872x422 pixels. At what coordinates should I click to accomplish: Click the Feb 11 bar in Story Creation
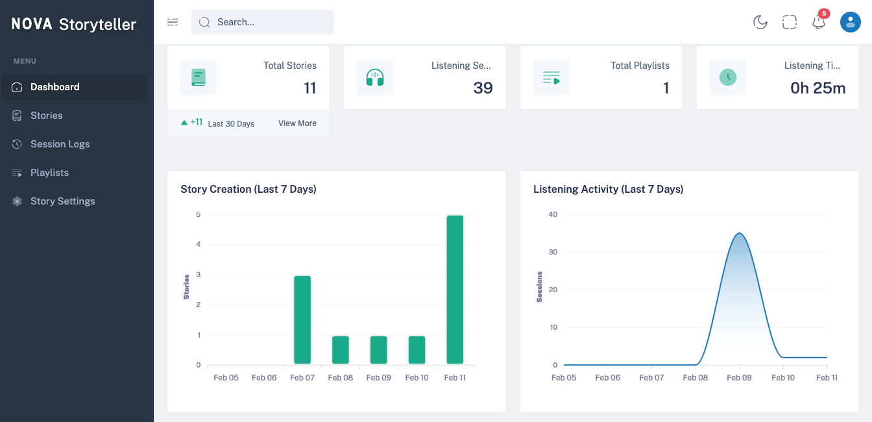pos(455,290)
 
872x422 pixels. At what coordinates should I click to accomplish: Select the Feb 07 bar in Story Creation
pos(302,319)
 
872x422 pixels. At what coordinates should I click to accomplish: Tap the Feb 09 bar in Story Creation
pos(379,350)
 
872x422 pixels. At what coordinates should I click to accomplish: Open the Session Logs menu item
pos(60,144)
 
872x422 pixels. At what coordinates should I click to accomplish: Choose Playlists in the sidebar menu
pos(49,173)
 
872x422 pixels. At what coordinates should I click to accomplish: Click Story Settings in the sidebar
pos(62,201)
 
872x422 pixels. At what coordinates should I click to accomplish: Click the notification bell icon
pos(819,23)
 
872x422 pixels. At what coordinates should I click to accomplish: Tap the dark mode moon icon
pos(760,23)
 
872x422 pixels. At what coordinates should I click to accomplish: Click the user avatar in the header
pos(850,22)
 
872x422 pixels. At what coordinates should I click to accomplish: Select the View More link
pos(297,123)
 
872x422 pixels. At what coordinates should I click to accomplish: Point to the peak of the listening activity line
pos(739,233)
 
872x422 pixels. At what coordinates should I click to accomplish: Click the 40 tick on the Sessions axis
pos(553,214)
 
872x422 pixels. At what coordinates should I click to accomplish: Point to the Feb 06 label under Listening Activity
pos(608,377)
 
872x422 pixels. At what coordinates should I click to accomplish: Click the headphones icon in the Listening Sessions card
pos(375,77)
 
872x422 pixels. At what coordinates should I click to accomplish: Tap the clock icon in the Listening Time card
pos(728,77)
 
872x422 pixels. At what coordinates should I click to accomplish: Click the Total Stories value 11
pos(310,88)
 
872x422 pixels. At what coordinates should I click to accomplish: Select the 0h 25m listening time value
pos(817,88)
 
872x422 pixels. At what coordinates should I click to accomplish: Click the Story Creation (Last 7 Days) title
pos(248,190)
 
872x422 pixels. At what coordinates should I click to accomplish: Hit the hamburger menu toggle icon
pos(173,22)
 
